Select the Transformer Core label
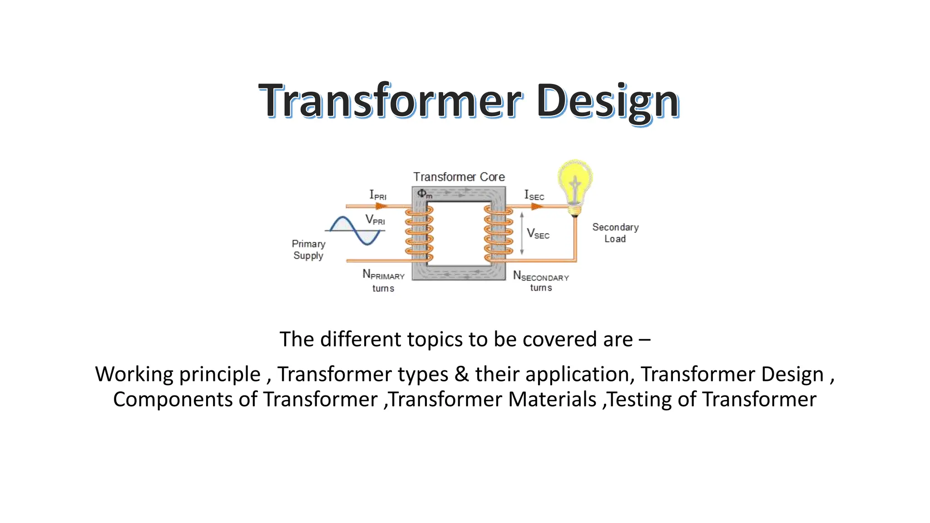[x=459, y=177]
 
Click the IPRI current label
[x=377, y=195]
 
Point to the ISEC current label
[x=534, y=195]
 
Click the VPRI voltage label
[x=375, y=220]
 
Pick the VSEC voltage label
[x=538, y=234]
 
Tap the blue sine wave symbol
[x=355, y=231]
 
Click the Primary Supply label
[x=308, y=250]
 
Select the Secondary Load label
[x=615, y=233]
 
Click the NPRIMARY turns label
[x=383, y=281]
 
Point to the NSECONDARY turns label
[x=540, y=281]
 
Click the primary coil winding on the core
[x=419, y=234]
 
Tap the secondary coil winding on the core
[x=498, y=234]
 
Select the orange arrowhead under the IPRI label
[x=381, y=207]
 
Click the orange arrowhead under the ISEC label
[x=537, y=207]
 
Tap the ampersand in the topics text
[x=461, y=375]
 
